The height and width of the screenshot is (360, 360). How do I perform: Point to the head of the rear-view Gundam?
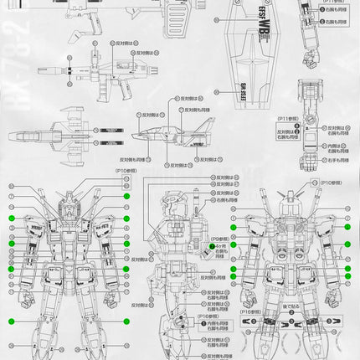click(292, 200)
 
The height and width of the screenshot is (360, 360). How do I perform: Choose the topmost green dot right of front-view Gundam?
click(126, 196)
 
